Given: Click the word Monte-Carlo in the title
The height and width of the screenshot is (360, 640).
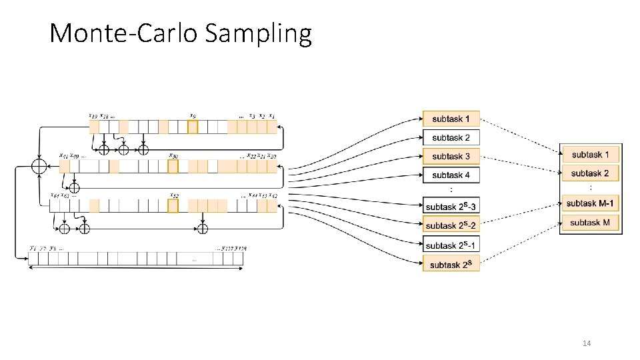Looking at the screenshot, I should (x=124, y=33).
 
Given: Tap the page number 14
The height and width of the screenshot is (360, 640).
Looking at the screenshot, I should (x=587, y=343).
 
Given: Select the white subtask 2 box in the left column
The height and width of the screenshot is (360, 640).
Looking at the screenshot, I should (x=451, y=137).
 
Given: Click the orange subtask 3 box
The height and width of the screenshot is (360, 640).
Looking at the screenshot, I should (x=451, y=156).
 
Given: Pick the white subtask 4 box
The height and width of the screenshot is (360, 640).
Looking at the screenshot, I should (x=451, y=175).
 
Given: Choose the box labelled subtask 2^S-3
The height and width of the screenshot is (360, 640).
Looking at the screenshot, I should (x=451, y=207).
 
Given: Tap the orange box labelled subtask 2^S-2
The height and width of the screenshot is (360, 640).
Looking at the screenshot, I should (x=451, y=225).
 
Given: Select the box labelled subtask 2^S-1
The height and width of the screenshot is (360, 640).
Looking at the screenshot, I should (x=451, y=245).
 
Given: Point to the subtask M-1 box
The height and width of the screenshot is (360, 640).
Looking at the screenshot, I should (x=590, y=203).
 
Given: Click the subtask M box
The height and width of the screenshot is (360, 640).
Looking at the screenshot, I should (x=590, y=222).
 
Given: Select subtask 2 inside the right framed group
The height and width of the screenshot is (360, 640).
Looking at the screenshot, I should (x=590, y=173).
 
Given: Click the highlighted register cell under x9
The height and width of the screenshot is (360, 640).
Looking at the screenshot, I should (x=193, y=127).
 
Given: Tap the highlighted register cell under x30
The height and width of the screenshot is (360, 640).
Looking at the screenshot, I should (x=173, y=167).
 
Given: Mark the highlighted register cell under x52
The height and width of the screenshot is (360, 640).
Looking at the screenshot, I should (x=173, y=206).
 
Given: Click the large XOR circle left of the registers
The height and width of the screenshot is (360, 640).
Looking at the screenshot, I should (x=39, y=165).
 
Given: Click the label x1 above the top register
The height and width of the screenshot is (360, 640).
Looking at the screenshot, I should (x=272, y=116).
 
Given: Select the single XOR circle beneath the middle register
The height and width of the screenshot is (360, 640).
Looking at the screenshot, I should (x=75, y=188).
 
